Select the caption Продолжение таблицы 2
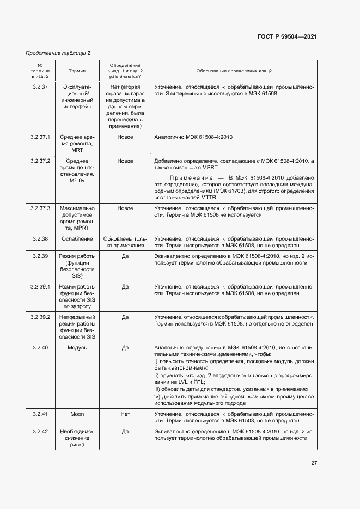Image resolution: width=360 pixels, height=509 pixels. [58, 53]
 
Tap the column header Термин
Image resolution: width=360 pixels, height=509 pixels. [77, 71]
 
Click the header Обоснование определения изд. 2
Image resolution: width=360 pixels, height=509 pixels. [234, 71]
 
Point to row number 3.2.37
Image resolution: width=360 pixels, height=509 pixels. [41, 87]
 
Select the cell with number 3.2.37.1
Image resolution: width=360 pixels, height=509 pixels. [41, 137]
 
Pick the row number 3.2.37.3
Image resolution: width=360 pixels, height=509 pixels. [41, 208]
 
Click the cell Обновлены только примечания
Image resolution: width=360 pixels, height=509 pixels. [125, 242]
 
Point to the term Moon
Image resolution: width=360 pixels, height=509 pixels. [77, 414]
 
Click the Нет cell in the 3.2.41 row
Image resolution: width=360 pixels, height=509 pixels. [125, 414]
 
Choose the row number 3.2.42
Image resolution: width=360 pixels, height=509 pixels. [41, 431]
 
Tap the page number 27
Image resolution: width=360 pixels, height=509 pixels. [314, 463]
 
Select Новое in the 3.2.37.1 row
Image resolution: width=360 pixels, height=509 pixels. [125, 137]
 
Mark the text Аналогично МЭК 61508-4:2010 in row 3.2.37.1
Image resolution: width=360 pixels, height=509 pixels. [193, 137]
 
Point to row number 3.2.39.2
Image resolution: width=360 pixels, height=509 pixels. [41, 317]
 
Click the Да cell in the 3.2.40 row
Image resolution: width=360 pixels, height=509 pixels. [125, 347]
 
